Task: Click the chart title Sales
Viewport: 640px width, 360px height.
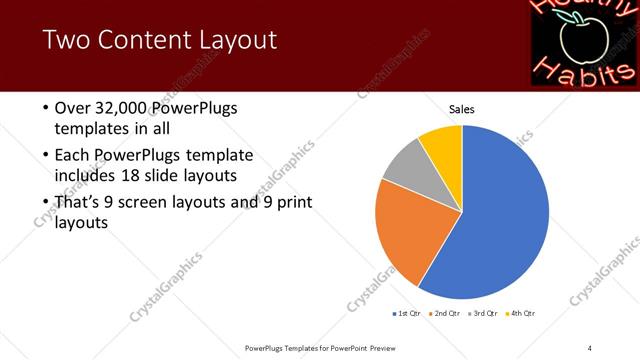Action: point(461,109)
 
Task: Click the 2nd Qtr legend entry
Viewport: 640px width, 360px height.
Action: point(446,314)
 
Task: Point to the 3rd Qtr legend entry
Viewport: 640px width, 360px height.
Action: point(483,314)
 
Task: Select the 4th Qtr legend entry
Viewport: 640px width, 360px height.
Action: point(520,314)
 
